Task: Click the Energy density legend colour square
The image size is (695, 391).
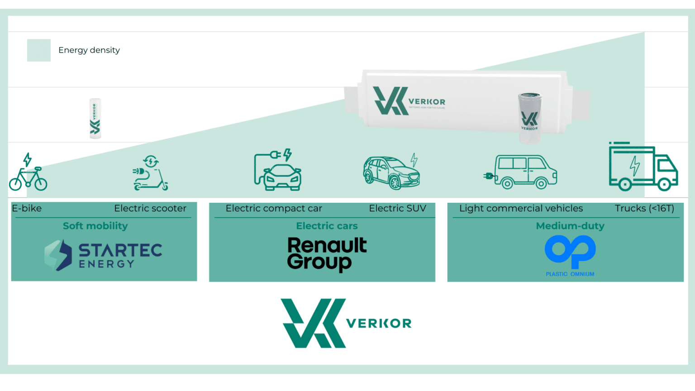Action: point(39,50)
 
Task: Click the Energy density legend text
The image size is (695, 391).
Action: point(89,50)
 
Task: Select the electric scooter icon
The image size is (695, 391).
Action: point(150,173)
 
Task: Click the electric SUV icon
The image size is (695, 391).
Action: point(391,172)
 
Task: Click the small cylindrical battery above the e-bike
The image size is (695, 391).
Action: point(95,119)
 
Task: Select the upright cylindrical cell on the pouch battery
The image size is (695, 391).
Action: point(529,118)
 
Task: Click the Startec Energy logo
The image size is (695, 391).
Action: point(104,255)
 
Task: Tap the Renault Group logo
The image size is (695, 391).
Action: point(327,254)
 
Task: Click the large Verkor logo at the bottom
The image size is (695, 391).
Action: point(346,323)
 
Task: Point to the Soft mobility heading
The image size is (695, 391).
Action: point(95,226)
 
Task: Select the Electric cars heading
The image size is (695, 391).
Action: point(327,226)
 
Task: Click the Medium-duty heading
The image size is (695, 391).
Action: point(570,226)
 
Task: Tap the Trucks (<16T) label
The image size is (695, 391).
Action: point(644,208)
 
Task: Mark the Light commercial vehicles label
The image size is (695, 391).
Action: point(521,208)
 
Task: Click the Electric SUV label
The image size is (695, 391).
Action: point(397,208)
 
